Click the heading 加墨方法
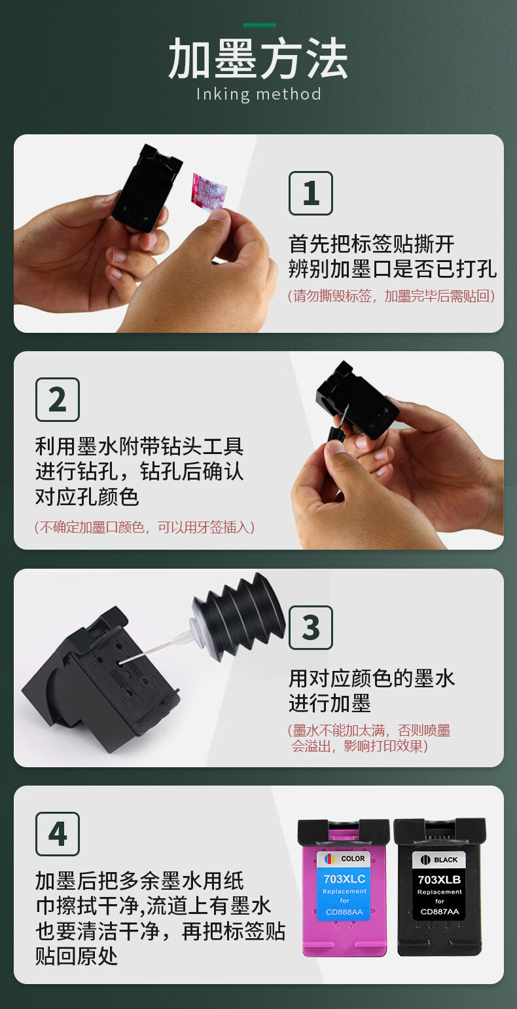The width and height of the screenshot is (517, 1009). coord(258,58)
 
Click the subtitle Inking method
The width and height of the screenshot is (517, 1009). coord(258,94)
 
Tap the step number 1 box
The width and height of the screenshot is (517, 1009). coord(310,193)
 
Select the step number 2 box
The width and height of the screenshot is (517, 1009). coord(58,400)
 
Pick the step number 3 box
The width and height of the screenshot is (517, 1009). coord(310,628)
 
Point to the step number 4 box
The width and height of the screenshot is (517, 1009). coord(58,834)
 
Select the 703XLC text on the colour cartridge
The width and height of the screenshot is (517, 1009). coord(344,879)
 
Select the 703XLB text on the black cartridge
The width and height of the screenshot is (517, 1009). coord(439,880)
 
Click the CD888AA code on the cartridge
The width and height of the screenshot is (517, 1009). coord(344,912)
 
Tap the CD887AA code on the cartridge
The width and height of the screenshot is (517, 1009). coord(440,912)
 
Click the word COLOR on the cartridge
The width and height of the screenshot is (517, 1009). coord(353,858)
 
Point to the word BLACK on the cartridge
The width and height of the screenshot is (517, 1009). coord(446,860)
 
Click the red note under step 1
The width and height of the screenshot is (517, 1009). coord(391,296)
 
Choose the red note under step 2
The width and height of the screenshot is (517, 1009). coord(145,527)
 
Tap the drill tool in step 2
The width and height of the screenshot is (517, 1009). coord(338,428)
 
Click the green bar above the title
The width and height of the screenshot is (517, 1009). coord(260,25)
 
